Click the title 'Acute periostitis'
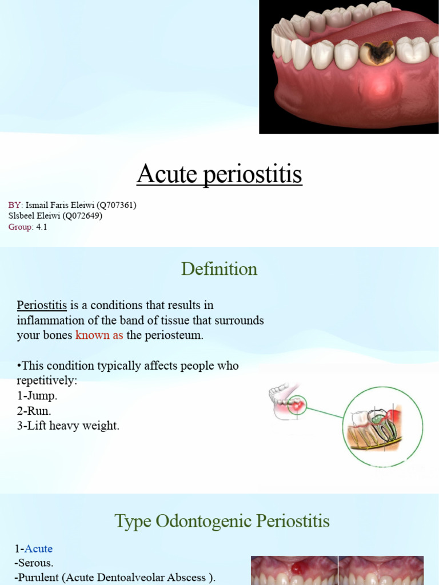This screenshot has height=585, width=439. click(x=219, y=174)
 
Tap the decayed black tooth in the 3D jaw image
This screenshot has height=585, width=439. click(x=377, y=53)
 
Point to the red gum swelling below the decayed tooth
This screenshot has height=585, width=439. click(x=374, y=86)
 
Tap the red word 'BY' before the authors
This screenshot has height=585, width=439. click(x=14, y=205)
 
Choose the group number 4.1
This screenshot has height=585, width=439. click(x=41, y=227)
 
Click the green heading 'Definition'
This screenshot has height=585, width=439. click(x=219, y=269)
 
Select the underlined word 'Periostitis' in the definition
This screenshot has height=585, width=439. click(x=42, y=305)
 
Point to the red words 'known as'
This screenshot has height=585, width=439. click(x=99, y=335)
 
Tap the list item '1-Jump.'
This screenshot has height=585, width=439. click(x=37, y=395)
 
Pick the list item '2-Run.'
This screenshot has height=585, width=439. click(x=34, y=410)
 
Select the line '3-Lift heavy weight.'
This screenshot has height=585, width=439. click(x=68, y=426)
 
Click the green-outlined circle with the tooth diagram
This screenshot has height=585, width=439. click(x=382, y=427)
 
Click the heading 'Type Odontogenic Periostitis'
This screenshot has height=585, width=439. click(x=222, y=520)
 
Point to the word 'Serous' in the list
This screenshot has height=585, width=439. click(x=35, y=563)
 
